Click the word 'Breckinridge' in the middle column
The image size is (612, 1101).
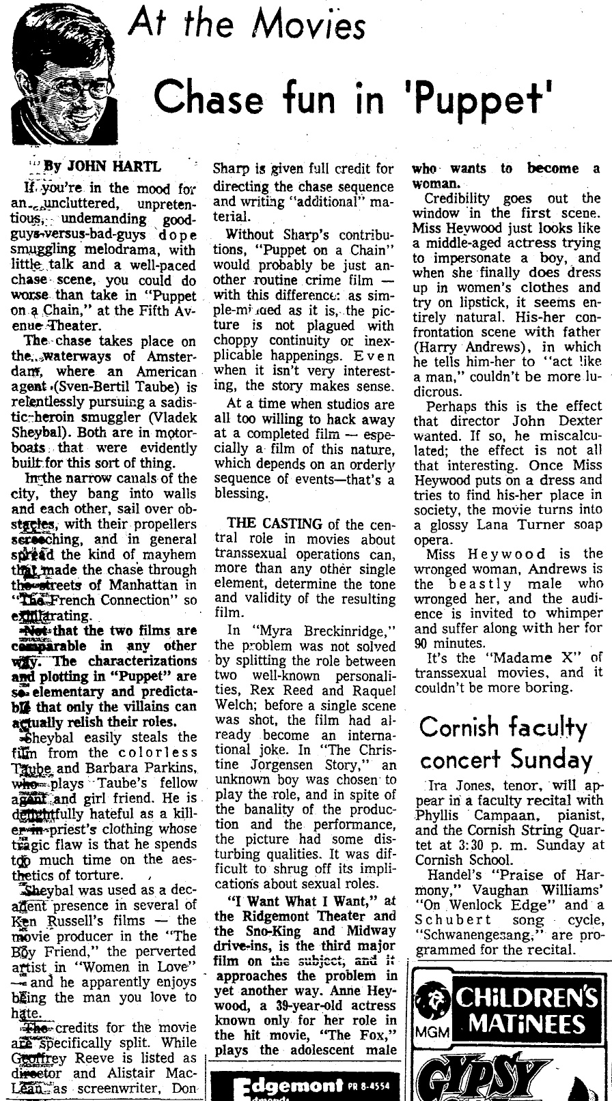click(x=333, y=630)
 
